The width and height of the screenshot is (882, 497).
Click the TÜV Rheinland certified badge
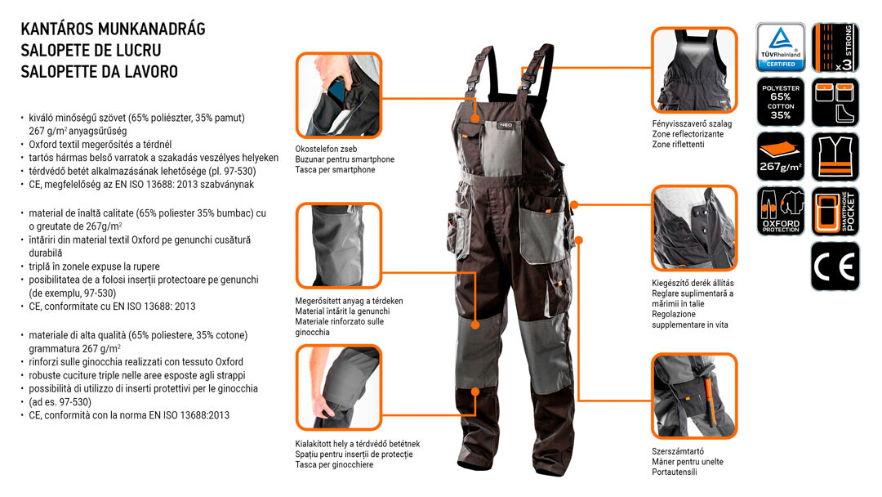click(780, 47)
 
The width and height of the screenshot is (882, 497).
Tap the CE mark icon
click(835, 266)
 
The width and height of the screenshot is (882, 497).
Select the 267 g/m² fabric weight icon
click(780, 156)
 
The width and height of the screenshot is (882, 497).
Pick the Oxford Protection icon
click(780, 211)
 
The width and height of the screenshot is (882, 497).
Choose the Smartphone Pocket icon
click(835, 211)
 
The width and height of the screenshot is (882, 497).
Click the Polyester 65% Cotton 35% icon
click(780, 102)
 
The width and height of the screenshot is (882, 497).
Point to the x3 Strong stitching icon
click(835, 47)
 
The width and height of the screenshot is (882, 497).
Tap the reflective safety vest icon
click(835, 156)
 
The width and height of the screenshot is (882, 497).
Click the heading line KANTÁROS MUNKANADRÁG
click(113, 29)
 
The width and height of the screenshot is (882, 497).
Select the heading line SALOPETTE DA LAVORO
click(100, 71)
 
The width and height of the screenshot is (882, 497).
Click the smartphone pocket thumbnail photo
click(339, 95)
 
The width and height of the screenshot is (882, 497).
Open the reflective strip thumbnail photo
click(694, 69)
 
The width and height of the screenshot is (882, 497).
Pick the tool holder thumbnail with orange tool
click(694, 396)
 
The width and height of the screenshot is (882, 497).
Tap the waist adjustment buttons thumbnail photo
click(694, 228)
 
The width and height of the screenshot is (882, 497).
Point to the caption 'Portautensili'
click(675, 472)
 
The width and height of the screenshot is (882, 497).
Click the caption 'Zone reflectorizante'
click(688, 134)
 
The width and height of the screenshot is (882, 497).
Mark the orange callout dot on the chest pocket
click(475, 119)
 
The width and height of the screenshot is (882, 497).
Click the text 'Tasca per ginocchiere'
click(334, 465)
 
